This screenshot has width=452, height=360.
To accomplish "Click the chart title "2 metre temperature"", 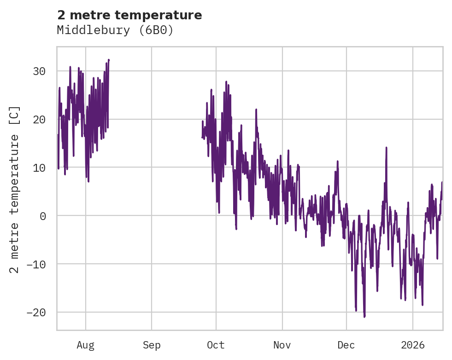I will [x=129, y=15].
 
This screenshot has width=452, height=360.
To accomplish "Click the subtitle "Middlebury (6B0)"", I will [x=115, y=30].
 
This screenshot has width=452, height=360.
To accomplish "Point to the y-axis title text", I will [x=15, y=190].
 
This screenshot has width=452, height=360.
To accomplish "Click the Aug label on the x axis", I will [x=86, y=345].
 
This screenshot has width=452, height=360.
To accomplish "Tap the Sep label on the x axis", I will [x=152, y=345].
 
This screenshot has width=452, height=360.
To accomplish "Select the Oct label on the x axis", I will [x=216, y=345].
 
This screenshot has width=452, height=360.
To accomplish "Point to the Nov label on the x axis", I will [x=282, y=345].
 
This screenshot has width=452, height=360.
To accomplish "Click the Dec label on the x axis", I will [x=346, y=345].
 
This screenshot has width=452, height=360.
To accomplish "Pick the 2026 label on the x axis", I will [x=413, y=345].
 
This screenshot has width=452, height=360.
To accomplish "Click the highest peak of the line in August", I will [x=109, y=60].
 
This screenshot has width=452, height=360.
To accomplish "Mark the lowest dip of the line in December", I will [x=364, y=317].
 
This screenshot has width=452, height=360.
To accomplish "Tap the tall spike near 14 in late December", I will [x=386, y=148].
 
